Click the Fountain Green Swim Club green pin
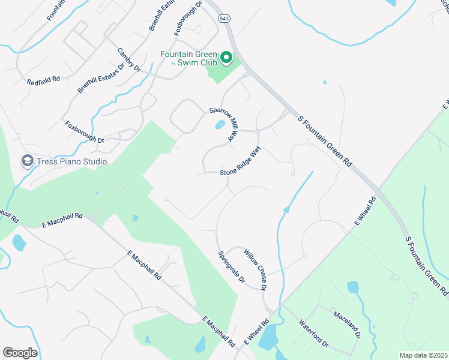coord(226,58)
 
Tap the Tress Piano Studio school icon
coord(27,161)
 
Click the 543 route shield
coord(224,19)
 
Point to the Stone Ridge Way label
coord(241,164)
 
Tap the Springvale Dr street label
coord(232,267)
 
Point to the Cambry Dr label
coord(128,60)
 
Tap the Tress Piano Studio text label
coord(72,161)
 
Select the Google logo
coord(20,353)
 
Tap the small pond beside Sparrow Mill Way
coord(220,125)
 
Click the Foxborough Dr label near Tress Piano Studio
coord(85,132)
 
